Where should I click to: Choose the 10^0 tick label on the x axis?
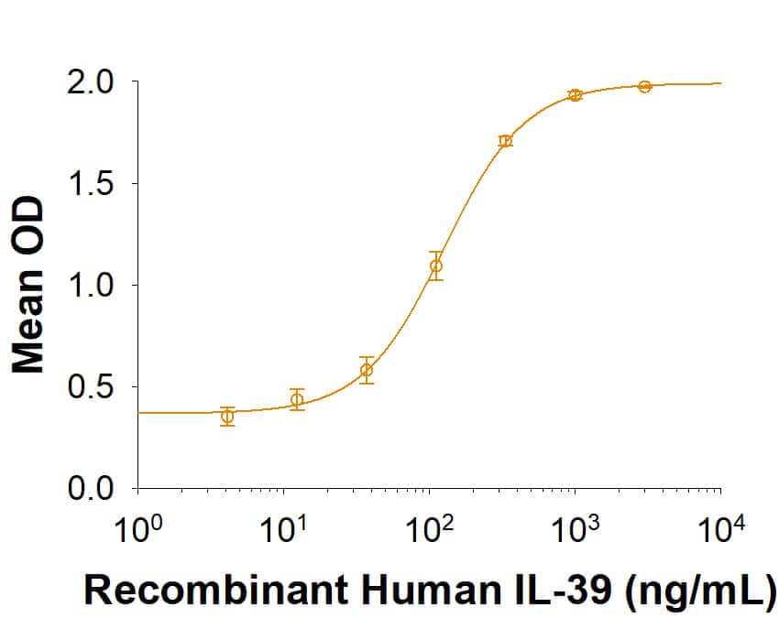[x=139, y=528]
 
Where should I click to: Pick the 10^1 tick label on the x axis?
[x=285, y=528]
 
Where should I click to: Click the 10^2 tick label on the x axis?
[x=430, y=528]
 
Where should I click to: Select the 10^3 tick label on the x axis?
[x=576, y=528]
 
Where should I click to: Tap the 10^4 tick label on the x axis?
[x=720, y=528]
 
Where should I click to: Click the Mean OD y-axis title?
[x=29, y=285]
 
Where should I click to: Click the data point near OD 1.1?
[x=436, y=266]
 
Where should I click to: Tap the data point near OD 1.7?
[x=505, y=141]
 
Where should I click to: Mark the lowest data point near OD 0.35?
[x=227, y=417]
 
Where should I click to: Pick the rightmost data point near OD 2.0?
[x=645, y=86]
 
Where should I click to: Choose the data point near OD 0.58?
[x=367, y=370]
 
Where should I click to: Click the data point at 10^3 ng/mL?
[x=576, y=94]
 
